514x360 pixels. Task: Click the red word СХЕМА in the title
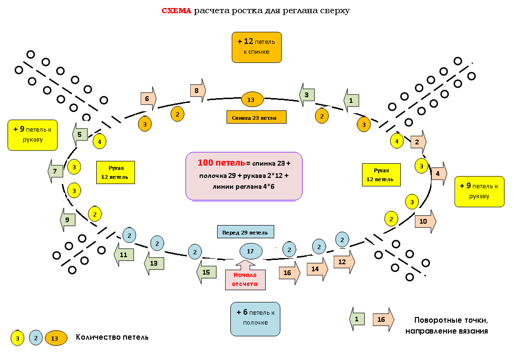pyautogui.click(x=177, y=11)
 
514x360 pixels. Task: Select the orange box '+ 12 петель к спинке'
pyautogui.click(x=257, y=47)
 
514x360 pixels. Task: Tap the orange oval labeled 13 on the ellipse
pyautogui.click(x=253, y=100)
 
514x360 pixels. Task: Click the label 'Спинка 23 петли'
pyautogui.click(x=256, y=117)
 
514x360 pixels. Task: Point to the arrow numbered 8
pyautogui.click(x=198, y=91)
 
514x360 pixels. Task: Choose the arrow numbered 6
pyautogui.click(x=149, y=99)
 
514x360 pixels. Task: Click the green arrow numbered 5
pyautogui.click(x=80, y=134)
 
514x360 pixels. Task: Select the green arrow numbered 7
pyautogui.click(x=55, y=171)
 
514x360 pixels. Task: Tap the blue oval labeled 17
pyautogui.click(x=251, y=251)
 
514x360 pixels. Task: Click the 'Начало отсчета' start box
pyautogui.click(x=245, y=275)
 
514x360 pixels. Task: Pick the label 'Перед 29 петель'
pyautogui.click(x=245, y=232)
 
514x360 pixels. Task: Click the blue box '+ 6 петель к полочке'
pyautogui.click(x=255, y=319)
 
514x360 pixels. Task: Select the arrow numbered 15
pyautogui.click(x=207, y=272)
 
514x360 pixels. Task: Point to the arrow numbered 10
pyautogui.click(x=425, y=221)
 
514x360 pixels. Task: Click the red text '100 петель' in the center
pyautogui.click(x=221, y=163)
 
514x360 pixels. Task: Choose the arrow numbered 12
pyautogui.click(x=344, y=262)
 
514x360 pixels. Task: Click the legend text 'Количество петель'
pyautogui.click(x=112, y=337)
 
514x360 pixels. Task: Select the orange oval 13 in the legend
pyautogui.click(x=56, y=338)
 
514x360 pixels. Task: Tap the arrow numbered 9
pyautogui.click(x=68, y=220)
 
